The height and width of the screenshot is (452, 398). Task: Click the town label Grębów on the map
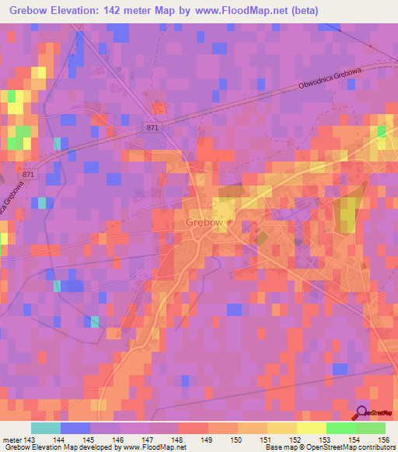204,223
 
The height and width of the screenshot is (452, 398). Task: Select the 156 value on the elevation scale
382,439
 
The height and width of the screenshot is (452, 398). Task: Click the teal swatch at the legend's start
45,428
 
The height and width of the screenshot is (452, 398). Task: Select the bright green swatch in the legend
341,428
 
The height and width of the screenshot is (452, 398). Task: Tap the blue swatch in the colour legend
75,428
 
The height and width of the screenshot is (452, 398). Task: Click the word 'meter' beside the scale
11,439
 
